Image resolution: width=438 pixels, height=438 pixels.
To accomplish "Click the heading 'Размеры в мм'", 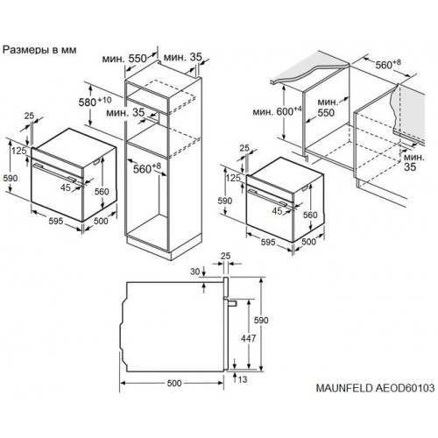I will [x=40, y=50].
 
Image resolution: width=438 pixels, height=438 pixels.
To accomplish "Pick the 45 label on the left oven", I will [x=66, y=186].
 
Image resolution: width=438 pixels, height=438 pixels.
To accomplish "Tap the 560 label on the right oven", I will [x=308, y=214].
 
